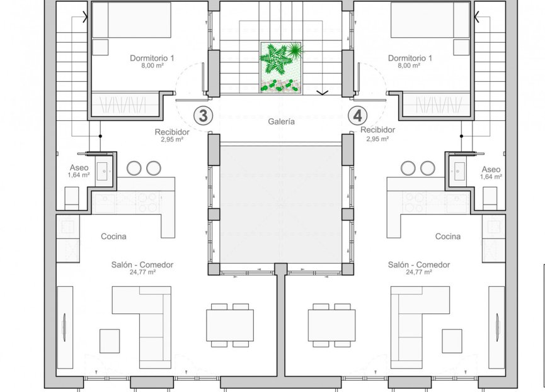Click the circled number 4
pyautogui.click(x=358, y=115)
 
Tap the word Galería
pyautogui.click(x=281, y=122)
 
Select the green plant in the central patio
pyautogui.click(x=281, y=60)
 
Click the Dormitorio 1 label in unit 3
pyautogui.click(x=152, y=59)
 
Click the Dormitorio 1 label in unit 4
pyautogui.click(x=410, y=59)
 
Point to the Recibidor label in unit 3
pyautogui.click(x=172, y=132)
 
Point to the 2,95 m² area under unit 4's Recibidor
pyautogui.click(x=377, y=139)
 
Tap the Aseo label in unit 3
pyautogui.click(x=79, y=169)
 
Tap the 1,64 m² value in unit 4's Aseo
pyautogui.click(x=491, y=177)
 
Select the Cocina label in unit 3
pyautogui.click(x=114, y=237)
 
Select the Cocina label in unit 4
pyautogui.click(x=447, y=237)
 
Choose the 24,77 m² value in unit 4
pyautogui.click(x=419, y=272)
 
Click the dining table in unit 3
pyautogui.click(x=230, y=325)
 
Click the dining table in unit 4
pyautogui.click(x=331, y=325)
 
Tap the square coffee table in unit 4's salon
pyautogui.click(x=452, y=340)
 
